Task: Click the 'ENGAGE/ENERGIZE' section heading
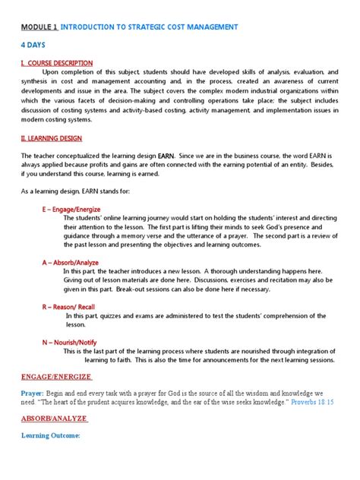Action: point(56,376)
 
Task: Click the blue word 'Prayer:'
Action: point(33,393)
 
